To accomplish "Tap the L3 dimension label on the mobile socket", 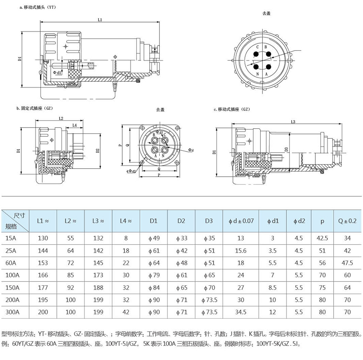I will point(294,122).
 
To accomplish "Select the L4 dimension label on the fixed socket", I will point(74,125).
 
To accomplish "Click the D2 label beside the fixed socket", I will point(97,151).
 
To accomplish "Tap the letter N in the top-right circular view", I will point(257,74).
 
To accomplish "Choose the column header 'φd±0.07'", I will point(241,221).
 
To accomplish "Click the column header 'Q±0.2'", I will point(347,221).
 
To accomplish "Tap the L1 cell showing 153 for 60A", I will point(43,263).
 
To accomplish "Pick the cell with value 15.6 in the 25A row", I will point(241,251).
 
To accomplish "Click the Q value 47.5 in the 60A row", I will point(347,263).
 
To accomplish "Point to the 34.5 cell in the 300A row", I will point(241,312).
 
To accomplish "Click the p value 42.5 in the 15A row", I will point(322,238).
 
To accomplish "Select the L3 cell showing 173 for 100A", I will point(98,275).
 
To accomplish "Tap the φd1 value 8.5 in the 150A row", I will point(272,288).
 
